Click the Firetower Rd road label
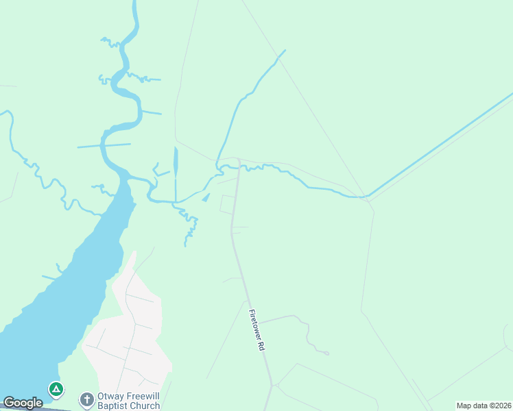click(x=256, y=331)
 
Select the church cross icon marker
click(x=86, y=399)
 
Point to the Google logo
click(x=23, y=403)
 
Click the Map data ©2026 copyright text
click(x=484, y=406)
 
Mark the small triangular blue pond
click(x=206, y=198)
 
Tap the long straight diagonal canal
click(x=439, y=145)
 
